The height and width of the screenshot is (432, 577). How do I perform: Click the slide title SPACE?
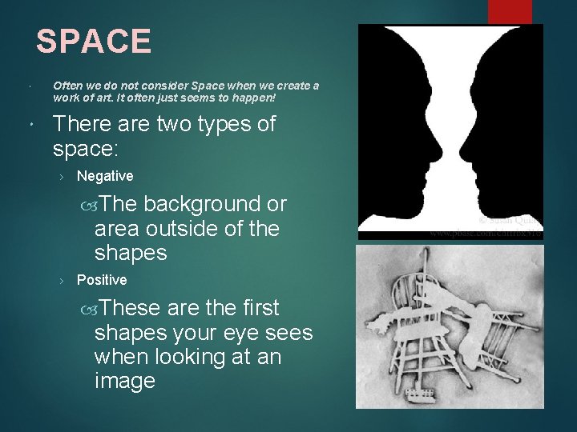pyautogui.click(x=94, y=42)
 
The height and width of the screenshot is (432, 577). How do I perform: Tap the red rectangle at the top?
pyautogui.click(x=510, y=11)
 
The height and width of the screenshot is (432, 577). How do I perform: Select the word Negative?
pyautogui.click(x=105, y=176)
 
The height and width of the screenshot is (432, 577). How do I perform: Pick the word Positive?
pyautogui.click(x=102, y=280)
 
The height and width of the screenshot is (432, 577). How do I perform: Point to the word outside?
pyautogui.click(x=187, y=229)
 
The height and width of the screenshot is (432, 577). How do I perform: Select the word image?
pyautogui.click(x=124, y=381)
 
